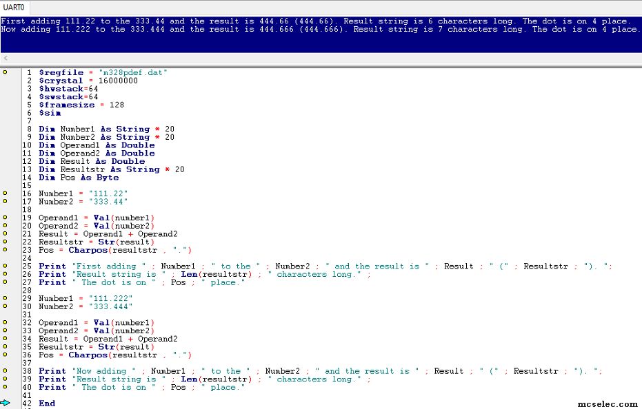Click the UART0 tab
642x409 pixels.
click(x=14, y=7)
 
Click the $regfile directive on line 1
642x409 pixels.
click(x=61, y=72)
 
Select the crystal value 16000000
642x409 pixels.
click(x=118, y=81)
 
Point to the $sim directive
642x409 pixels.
click(x=50, y=113)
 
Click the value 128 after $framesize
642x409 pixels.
click(x=117, y=105)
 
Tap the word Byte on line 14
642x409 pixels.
click(x=108, y=178)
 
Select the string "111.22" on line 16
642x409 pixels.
click(x=108, y=193)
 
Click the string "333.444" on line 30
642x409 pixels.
click(x=110, y=306)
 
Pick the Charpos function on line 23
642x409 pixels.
click(x=88, y=251)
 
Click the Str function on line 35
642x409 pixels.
click(x=106, y=347)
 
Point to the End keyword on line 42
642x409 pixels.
click(x=47, y=403)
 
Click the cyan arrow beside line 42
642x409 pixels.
click(x=5, y=403)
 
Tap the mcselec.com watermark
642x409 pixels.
click(x=608, y=404)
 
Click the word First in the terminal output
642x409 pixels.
click(x=13, y=21)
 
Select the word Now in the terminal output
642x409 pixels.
click(x=8, y=29)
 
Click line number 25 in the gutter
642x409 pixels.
click(x=27, y=266)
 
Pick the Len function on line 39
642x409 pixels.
click(x=189, y=379)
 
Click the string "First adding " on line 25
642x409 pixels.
click(x=109, y=266)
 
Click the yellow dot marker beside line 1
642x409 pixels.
click(x=5, y=72)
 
